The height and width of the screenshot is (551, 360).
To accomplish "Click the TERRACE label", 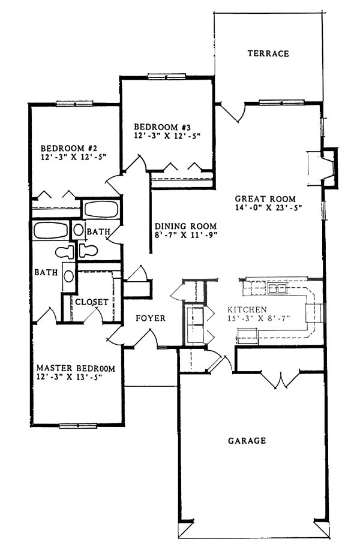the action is point(268,53).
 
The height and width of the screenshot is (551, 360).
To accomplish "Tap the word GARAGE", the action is point(247,440).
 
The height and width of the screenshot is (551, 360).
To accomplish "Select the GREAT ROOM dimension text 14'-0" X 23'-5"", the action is point(269,207).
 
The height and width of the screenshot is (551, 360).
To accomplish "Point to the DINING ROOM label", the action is point(185,226).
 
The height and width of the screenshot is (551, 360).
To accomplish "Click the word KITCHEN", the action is point(247,309).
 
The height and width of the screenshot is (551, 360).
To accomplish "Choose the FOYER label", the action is point(151,318).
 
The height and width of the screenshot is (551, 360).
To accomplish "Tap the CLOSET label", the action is point(92,302).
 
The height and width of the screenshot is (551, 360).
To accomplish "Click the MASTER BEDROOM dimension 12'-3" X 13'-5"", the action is point(69,377).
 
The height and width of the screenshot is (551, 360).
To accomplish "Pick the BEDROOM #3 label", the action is point(162,127).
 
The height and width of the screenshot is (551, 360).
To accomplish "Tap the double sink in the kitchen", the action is point(277,288).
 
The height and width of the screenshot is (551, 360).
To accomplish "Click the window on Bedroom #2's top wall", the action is point(74,104).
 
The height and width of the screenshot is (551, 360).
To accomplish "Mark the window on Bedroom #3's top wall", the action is point(167,76).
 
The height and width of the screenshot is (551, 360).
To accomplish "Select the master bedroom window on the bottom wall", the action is point(77,426).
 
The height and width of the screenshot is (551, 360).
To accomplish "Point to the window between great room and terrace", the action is point(281,103).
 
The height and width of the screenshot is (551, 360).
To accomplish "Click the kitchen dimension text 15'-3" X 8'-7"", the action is point(259,319).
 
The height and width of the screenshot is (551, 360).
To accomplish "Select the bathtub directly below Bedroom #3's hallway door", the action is point(101,209).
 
